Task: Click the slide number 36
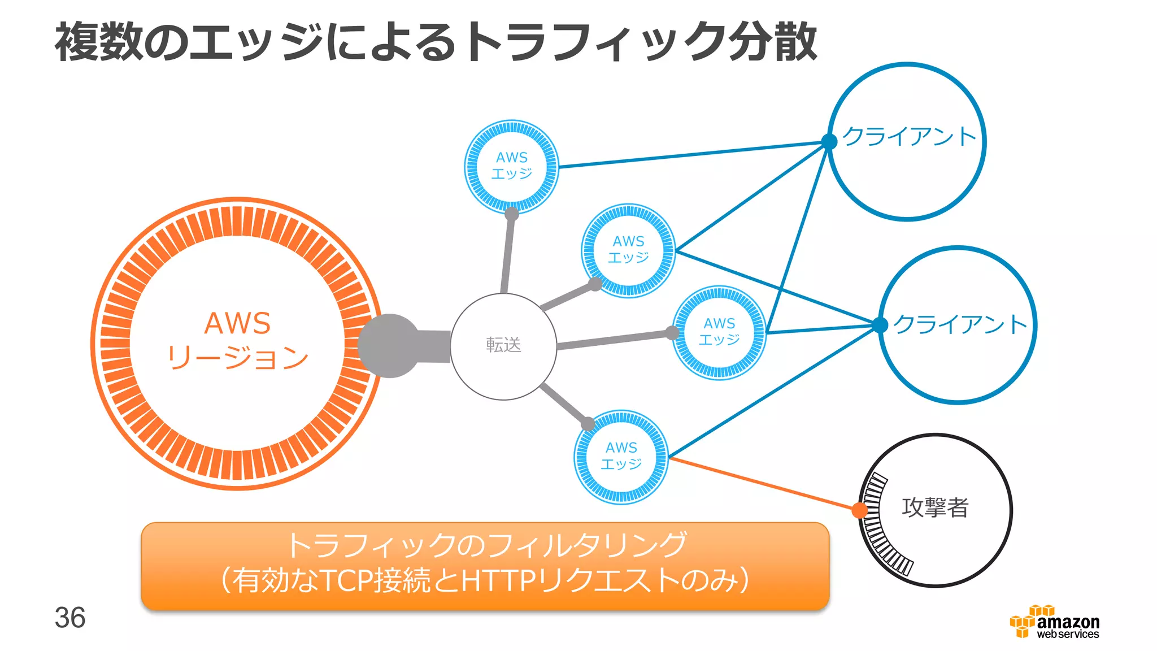pyautogui.click(x=70, y=618)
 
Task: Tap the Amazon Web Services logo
pyautogui.click(x=1054, y=622)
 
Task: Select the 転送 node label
pyautogui.click(x=503, y=345)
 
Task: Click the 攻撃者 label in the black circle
pyautogui.click(x=935, y=507)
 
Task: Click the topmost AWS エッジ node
pyautogui.click(x=511, y=166)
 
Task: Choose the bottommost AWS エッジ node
pyautogui.click(x=621, y=457)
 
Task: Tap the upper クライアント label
pyautogui.click(x=909, y=136)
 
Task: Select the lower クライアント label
pyautogui.click(x=960, y=324)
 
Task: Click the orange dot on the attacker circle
pyautogui.click(x=860, y=510)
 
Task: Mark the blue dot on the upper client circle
pyautogui.click(x=829, y=141)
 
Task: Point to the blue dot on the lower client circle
pyautogui.click(x=880, y=325)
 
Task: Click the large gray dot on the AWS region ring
pyautogui.click(x=389, y=345)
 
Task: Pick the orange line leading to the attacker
pyautogui.click(x=763, y=484)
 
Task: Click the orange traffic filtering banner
pyautogui.click(x=485, y=565)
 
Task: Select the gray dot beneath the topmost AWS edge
pyautogui.click(x=511, y=214)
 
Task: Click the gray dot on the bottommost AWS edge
pyautogui.click(x=588, y=423)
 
